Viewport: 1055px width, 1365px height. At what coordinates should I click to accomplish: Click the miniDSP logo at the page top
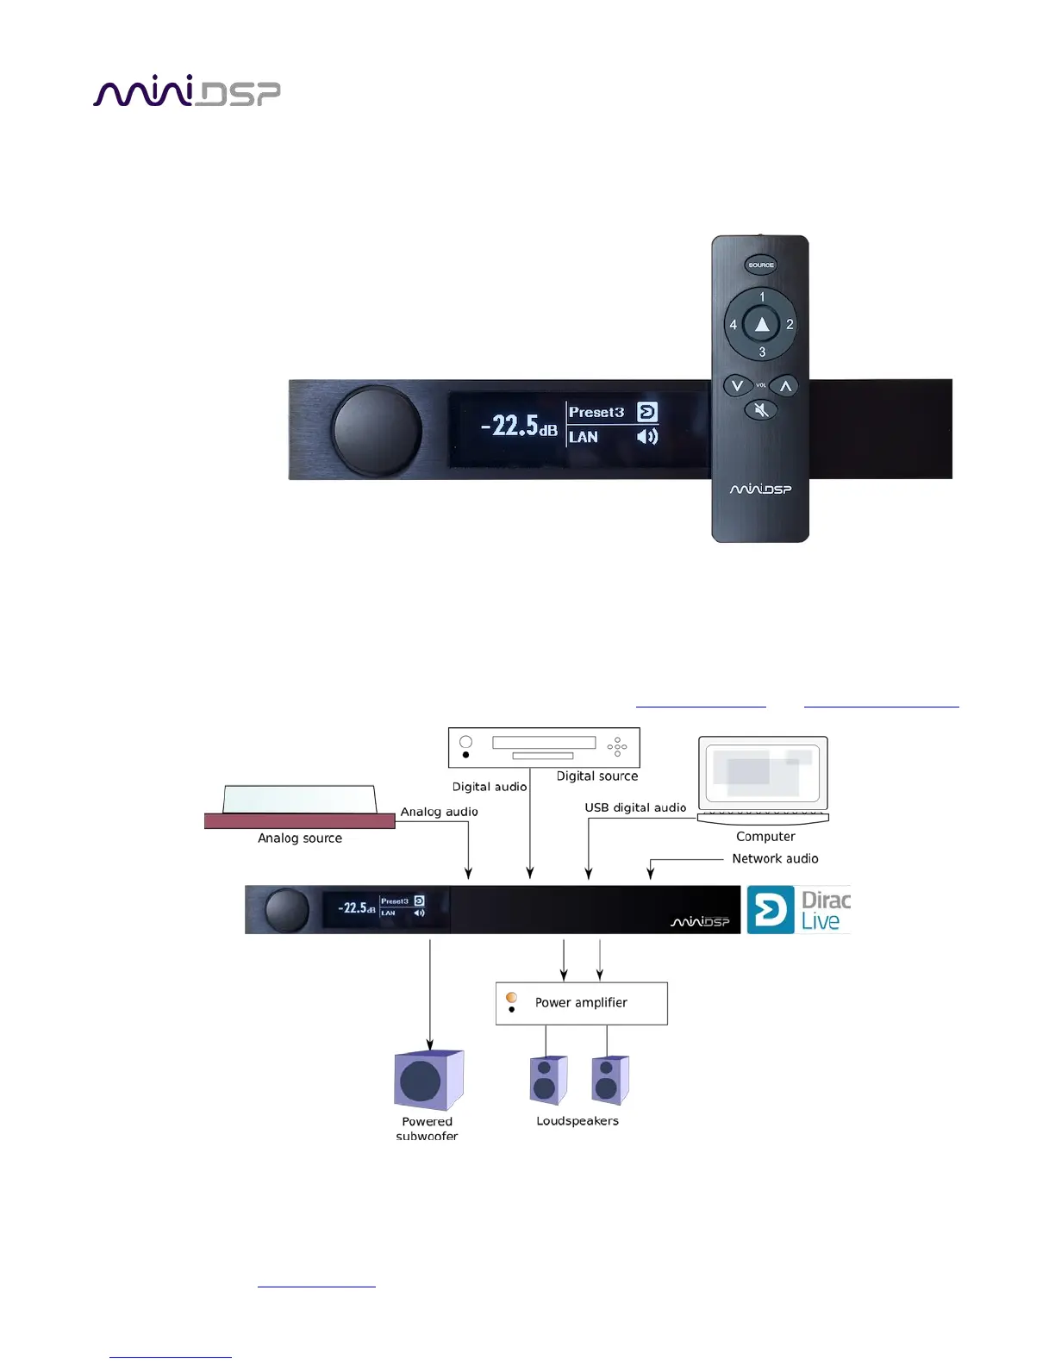click(x=186, y=91)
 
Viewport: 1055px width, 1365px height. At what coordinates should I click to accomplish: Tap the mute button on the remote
click(x=761, y=410)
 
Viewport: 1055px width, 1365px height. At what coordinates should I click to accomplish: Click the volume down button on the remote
click(x=736, y=385)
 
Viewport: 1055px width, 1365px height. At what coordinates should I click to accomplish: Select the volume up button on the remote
click(x=785, y=385)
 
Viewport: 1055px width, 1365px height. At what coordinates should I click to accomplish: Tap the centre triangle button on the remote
click(x=761, y=324)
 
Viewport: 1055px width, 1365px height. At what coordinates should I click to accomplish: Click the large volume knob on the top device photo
click(x=377, y=430)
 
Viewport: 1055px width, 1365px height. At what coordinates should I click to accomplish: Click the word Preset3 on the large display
click(x=596, y=412)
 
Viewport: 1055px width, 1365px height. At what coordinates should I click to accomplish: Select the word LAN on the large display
click(x=584, y=437)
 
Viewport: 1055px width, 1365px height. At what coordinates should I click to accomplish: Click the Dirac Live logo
click(x=798, y=910)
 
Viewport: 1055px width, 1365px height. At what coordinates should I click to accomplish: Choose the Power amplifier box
click(x=581, y=1003)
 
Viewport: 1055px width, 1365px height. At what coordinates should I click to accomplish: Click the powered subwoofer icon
click(x=428, y=1080)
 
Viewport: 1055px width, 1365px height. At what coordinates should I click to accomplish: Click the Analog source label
click(x=300, y=838)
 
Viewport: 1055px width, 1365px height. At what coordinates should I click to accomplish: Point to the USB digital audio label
click(x=635, y=807)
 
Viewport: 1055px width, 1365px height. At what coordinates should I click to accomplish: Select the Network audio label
click(x=775, y=858)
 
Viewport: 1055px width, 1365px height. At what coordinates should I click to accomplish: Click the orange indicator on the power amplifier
click(x=511, y=997)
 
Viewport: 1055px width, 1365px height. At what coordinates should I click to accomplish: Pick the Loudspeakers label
click(x=577, y=1121)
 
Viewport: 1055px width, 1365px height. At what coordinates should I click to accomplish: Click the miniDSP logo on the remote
click(x=760, y=489)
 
